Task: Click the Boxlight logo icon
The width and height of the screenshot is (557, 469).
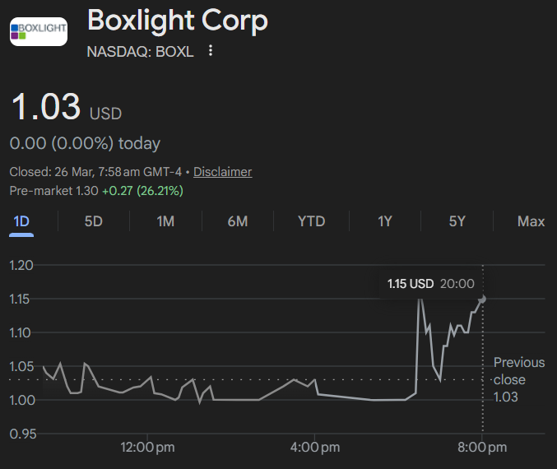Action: point(39,31)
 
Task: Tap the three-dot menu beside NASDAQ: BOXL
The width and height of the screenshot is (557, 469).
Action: point(211,50)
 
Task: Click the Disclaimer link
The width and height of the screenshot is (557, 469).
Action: point(223,172)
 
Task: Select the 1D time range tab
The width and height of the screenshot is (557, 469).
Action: point(21,221)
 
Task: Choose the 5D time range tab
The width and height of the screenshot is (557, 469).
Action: point(94,221)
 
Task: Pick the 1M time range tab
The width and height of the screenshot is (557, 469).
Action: point(165,221)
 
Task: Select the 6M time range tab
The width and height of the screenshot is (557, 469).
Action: point(238,221)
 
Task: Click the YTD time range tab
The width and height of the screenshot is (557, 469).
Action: point(312,221)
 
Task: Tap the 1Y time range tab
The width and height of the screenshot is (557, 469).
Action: point(385,221)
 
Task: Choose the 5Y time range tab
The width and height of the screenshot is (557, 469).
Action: point(457,221)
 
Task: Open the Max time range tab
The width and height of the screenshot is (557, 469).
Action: point(531,221)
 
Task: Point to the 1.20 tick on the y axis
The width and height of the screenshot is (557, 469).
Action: point(21,266)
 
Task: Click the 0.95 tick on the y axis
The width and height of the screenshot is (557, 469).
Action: point(23,434)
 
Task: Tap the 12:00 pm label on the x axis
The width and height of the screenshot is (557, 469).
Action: point(147,448)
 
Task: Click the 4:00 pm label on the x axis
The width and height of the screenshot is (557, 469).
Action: point(315,448)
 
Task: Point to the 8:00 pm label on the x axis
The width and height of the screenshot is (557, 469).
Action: point(482,448)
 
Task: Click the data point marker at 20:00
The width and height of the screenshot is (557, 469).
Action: point(482,300)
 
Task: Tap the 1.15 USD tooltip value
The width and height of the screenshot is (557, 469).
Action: point(411,284)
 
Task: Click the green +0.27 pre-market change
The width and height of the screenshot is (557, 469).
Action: point(117,191)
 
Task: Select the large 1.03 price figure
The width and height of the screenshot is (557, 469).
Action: point(46,106)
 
